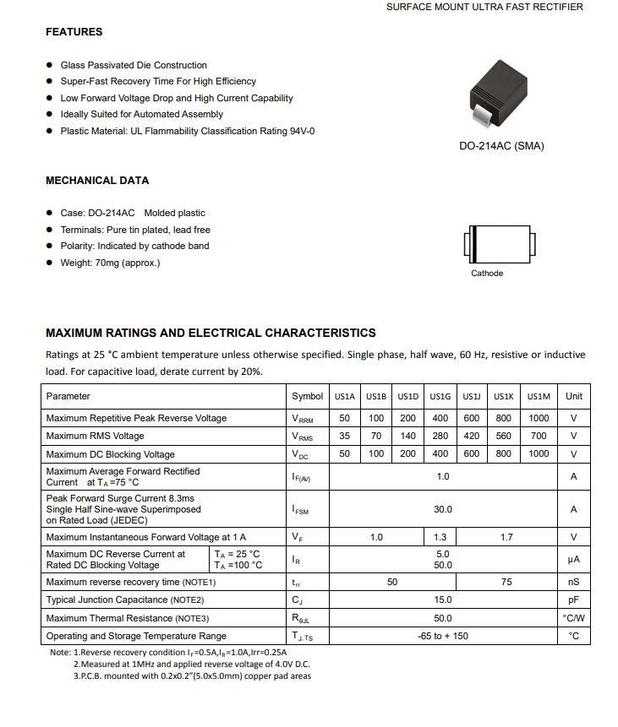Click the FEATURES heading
click(x=74, y=32)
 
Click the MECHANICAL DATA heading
click(x=96, y=181)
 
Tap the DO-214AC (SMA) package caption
click(x=501, y=146)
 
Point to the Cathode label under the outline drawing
click(x=487, y=274)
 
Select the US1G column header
click(x=440, y=397)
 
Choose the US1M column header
click(x=539, y=397)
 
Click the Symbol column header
click(x=307, y=397)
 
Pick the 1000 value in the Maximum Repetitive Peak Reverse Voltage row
click(x=539, y=419)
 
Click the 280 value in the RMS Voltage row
click(x=440, y=437)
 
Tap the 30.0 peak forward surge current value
click(x=442, y=510)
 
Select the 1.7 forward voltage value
click(x=506, y=538)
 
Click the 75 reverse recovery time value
click(x=506, y=583)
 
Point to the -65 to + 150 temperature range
click(x=442, y=637)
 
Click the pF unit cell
click(x=573, y=600)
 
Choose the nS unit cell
click(x=573, y=583)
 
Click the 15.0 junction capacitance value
click(x=442, y=600)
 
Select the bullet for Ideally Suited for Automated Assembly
click(x=50, y=115)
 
